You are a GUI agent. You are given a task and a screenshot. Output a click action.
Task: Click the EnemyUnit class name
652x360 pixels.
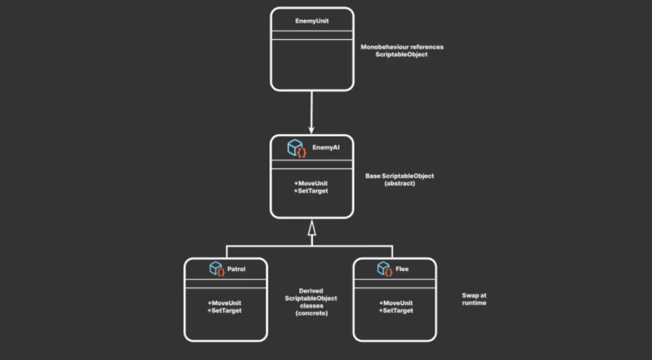coord(312,21)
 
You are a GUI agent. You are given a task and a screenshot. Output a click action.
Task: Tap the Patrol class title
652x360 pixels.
coord(236,269)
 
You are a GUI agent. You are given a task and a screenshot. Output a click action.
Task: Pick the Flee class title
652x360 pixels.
coord(402,269)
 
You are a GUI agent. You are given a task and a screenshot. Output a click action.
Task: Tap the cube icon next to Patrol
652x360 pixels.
coord(217,269)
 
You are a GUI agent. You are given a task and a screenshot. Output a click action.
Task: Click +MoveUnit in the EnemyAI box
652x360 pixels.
coord(311,183)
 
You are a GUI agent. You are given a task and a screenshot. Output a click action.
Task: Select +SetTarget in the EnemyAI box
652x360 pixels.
coord(311,191)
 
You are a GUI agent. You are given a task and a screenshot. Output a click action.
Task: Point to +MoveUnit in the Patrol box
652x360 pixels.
coord(225,303)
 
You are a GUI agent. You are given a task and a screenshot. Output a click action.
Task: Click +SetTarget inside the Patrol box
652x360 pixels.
coord(225,311)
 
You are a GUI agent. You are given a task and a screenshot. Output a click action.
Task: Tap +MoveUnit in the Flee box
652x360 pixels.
coord(396,303)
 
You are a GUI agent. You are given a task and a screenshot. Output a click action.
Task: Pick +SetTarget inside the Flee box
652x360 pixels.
coord(396,311)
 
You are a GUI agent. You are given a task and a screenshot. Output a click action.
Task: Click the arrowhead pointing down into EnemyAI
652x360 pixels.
coord(312,129)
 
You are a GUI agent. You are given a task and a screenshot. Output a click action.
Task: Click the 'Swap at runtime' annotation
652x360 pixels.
coord(474,299)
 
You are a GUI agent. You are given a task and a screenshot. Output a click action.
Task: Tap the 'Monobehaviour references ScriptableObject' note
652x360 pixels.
coord(402,50)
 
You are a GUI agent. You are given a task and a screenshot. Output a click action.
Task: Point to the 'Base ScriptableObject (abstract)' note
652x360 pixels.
coord(399,180)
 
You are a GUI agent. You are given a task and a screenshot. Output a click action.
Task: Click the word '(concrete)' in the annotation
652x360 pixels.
coord(311,313)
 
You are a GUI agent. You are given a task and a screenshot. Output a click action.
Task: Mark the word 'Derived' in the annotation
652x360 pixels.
coord(311,291)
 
